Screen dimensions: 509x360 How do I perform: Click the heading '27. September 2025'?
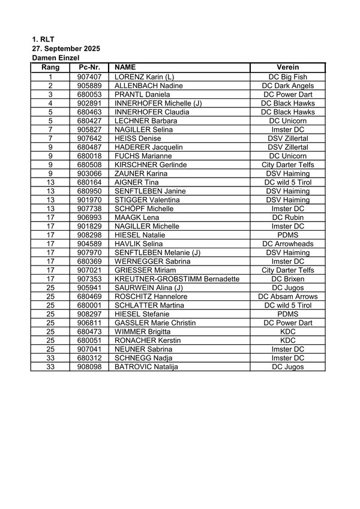click(x=66, y=49)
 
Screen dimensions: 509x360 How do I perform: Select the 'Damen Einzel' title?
click(x=56, y=58)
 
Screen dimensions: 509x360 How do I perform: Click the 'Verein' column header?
click(x=288, y=68)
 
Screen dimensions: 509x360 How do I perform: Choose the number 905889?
click(x=89, y=86)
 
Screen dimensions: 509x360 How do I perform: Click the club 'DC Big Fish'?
click(x=288, y=77)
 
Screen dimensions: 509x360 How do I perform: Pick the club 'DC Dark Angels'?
click(x=288, y=86)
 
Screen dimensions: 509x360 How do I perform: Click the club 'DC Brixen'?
click(x=288, y=279)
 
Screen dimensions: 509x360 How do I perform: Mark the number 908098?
click(x=89, y=366)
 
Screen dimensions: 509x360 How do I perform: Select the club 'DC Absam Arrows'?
click(x=288, y=296)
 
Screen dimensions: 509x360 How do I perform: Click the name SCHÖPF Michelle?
click(x=144, y=209)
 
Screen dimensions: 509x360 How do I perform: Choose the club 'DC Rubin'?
click(x=288, y=217)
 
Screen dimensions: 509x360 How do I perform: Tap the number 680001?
click(x=89, y=305)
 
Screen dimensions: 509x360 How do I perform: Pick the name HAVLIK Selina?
click(x=139, y=243)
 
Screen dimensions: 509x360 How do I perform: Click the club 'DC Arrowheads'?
click(x=288, y=243)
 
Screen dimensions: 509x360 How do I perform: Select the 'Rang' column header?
click(x=50, y=68)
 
